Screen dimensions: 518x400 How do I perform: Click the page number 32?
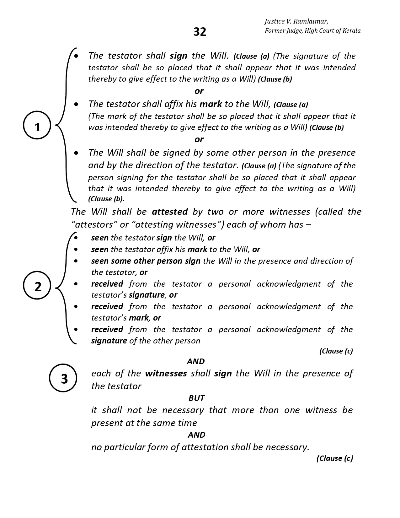point(200,32)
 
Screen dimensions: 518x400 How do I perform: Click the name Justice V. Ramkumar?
point(296,21)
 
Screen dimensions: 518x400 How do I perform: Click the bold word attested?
point(170,212)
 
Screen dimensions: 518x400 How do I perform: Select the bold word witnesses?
point(166,373)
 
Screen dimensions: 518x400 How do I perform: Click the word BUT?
point(196,398)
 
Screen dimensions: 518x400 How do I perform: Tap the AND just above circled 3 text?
point(196,361)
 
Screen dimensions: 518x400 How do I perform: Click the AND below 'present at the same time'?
point(196,435)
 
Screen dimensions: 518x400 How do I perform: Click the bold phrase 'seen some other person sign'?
point(146,261)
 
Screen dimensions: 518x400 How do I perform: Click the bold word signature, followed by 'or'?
point(147,295)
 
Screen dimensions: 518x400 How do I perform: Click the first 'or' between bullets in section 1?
point(199,91)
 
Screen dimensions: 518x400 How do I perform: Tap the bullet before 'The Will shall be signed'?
point(76,153)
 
